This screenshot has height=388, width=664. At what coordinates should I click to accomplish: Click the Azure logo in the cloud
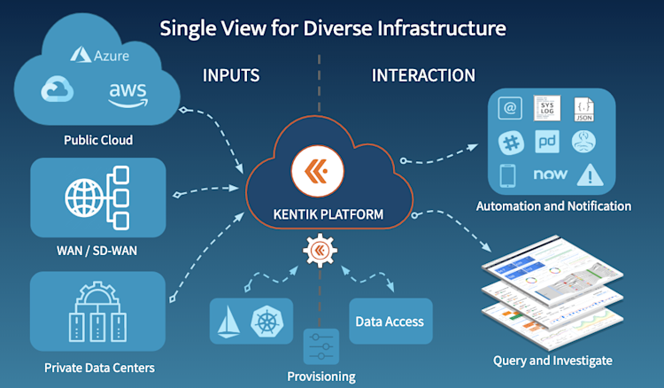[x=100, y=56]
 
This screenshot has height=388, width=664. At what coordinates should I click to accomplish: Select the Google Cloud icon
[x=59, y=90]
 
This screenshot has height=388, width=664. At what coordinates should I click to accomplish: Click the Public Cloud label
[x=98, y=140]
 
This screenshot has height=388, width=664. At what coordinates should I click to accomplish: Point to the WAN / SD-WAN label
[x=97, y=251]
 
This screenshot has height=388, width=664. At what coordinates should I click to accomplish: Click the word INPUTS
[x=231, y=75]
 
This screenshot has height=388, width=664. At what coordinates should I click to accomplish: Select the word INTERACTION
[x=423, y=75]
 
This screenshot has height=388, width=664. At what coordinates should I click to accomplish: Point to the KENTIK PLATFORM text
[x=320, y=214]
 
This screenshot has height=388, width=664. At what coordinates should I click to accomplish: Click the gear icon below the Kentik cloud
[x=320, y=252]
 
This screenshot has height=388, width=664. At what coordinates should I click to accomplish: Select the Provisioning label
[x=320, y=376]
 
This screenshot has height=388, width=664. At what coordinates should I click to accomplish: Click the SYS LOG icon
[x=544, y=108]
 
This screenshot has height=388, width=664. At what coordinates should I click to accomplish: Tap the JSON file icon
[x=583, y=108]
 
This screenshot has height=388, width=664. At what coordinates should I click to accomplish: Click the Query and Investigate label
[x=552, y=361]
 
